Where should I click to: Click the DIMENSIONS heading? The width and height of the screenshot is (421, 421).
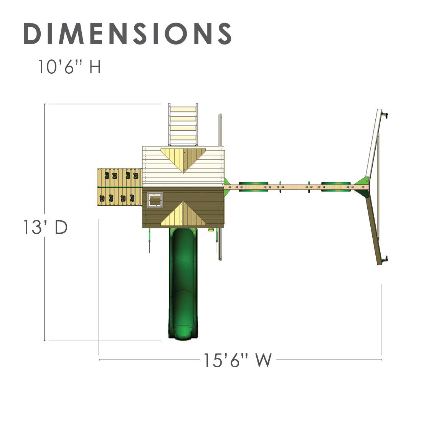click(127, 33)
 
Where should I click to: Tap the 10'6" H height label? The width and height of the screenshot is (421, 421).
click(69, 67)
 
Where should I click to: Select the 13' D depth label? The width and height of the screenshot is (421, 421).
click(45, 227)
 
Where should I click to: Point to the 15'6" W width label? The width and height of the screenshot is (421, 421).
click(238, 360)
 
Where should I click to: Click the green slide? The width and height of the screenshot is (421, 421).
click(183, 283)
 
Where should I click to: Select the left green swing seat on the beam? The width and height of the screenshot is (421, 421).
click(253, 187)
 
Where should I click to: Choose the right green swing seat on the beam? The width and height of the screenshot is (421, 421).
click(336, 187)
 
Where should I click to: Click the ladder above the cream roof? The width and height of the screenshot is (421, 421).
click(183, 125)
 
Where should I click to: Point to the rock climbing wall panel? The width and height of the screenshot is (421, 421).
click(119, 187)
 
